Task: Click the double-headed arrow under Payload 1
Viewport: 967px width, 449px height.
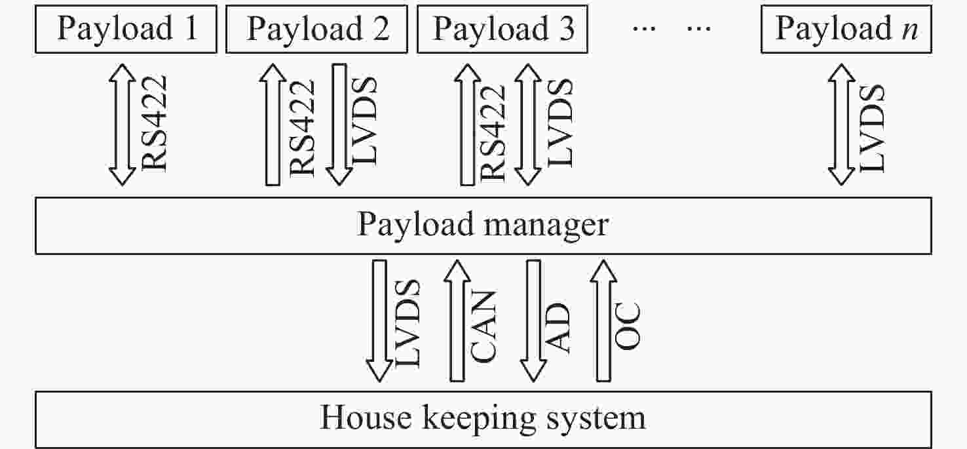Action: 122,125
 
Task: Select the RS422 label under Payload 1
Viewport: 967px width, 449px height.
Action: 155,124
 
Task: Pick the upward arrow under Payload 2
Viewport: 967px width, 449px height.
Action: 273,125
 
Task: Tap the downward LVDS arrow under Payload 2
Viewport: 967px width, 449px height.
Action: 339,125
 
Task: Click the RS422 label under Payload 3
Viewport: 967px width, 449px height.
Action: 493,132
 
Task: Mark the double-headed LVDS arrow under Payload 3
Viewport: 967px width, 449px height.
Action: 528,125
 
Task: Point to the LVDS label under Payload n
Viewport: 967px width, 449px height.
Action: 873,128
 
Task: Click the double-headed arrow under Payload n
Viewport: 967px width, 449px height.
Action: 841,125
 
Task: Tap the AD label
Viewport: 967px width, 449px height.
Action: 558,327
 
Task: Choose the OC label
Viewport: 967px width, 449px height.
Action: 627,326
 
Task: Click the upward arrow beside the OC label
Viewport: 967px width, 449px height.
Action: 603,321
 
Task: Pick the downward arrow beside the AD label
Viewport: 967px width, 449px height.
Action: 533,321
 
